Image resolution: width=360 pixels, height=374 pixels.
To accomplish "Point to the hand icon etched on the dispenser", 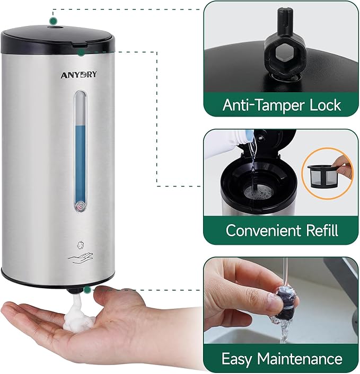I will [80, 258].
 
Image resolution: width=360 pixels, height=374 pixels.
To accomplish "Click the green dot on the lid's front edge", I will [81, 52].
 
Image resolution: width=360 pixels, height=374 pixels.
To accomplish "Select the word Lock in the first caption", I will [323, 105].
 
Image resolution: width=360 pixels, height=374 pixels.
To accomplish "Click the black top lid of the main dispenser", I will [58, 40].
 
